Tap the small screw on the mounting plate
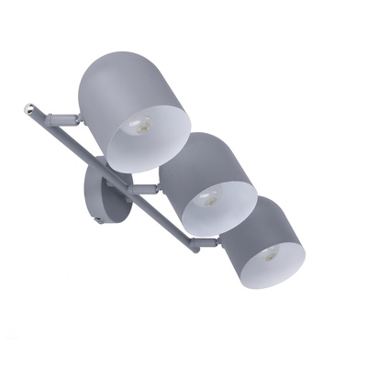click(x=97, y=220)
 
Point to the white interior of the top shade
click(x=156, y=138)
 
